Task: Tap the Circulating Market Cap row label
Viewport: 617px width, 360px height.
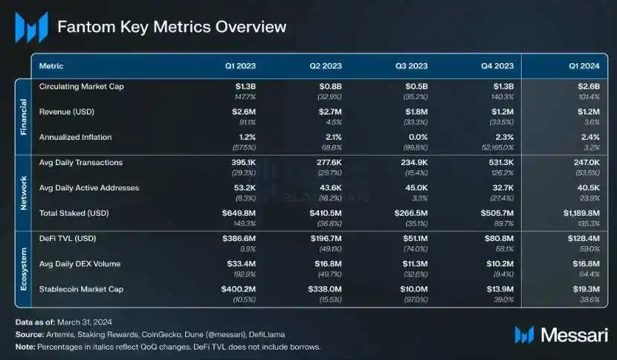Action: pos(82,86)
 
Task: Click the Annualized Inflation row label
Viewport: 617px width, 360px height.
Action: pos(74,136)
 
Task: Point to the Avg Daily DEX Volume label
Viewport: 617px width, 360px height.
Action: pos(80,263)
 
